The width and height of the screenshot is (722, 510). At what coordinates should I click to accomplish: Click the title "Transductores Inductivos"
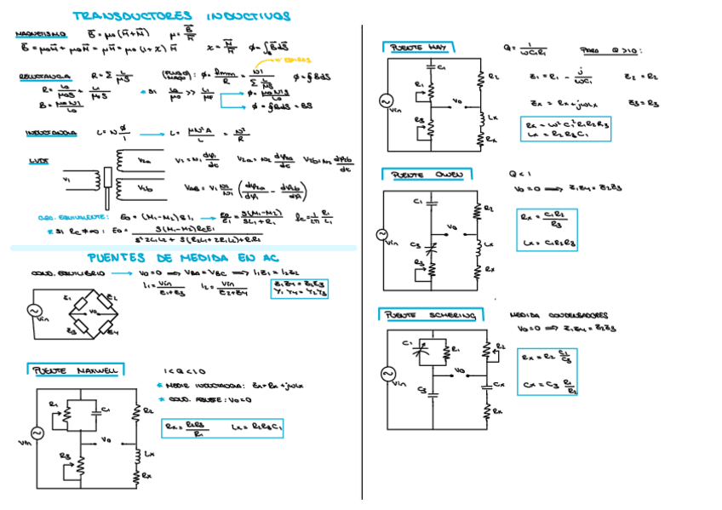[181, 16]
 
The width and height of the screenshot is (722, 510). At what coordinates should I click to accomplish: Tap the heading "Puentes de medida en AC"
[181, 258]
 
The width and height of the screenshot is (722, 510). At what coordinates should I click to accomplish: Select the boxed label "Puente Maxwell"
[75, 370]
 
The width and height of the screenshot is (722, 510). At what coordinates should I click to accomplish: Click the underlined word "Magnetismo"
[37, 35]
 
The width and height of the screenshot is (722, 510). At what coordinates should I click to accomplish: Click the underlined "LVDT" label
[38, 160]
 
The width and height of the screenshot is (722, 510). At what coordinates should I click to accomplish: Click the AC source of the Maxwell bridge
[37, 433]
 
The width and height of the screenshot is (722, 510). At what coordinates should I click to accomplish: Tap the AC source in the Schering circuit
[388, 374]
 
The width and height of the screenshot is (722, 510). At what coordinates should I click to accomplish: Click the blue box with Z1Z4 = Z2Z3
[299, 289]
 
